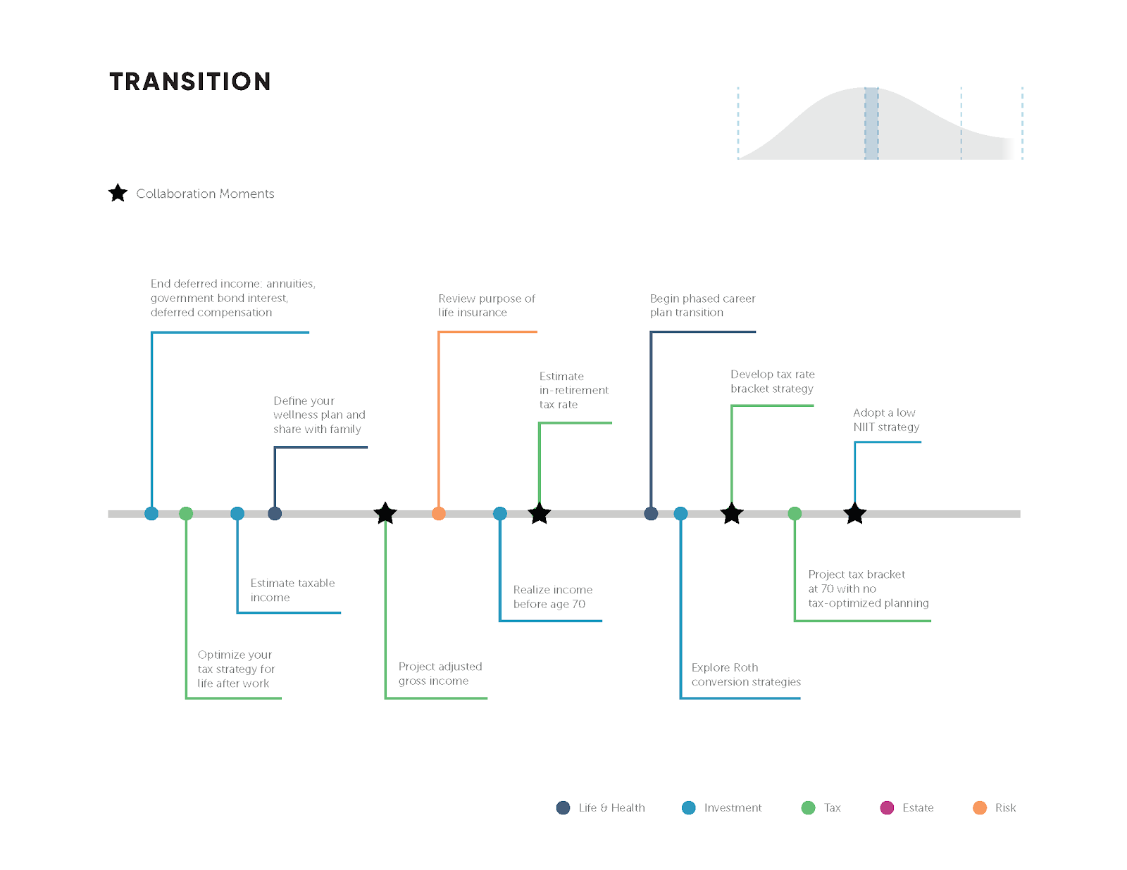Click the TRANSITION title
click(x=190, y=82)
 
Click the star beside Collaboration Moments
click(x=118, y=193)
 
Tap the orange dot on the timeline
click(x=439, y=514)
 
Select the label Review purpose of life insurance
click(x=486, y=305)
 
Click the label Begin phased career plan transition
click(x=702, y=305)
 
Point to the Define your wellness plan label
click(x=319, y=415)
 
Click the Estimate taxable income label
click(x=292, y=590)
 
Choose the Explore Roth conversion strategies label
click(x=746, y=674)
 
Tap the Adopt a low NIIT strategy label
click(x=886, y=420)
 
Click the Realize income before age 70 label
click(x=552, y=597)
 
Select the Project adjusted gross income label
click(x=440, y=674)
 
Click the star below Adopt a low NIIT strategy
click(x=855, y=514)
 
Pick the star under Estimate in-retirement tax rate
click(x=540, y=514)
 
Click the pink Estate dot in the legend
click(x=887, y=808)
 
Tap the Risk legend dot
click(x=980, y=808)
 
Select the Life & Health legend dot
click(x=563, y=808)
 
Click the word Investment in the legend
click(x=733, y=808)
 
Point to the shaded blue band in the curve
click(x=871, y=123)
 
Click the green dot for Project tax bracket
click(x=795, y=514)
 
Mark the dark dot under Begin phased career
click(x=651, y=514)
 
